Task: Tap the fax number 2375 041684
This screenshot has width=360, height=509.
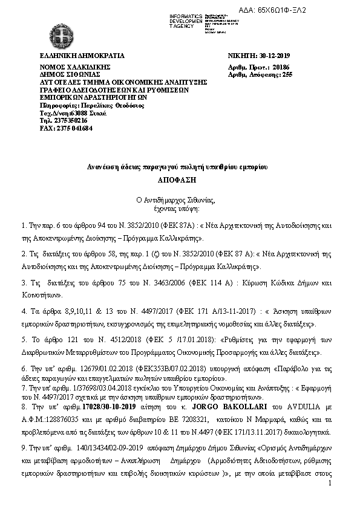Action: pyautogui.click(x=66, y=128)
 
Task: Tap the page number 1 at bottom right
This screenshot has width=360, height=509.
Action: pyautogui.click(x=330, y=483)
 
